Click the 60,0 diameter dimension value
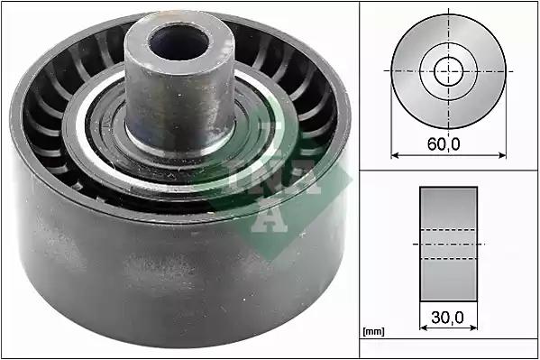pos(444,143)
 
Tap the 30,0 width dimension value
pos(447,318)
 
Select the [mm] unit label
pos(373,332)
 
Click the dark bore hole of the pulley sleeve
pos(179,42)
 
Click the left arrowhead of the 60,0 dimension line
pos(395,155)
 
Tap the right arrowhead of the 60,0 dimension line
pos(502,155)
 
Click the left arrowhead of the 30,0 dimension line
pos(424,328)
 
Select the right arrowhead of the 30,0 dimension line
pos(473,328)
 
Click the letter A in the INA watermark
pos(269,217)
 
